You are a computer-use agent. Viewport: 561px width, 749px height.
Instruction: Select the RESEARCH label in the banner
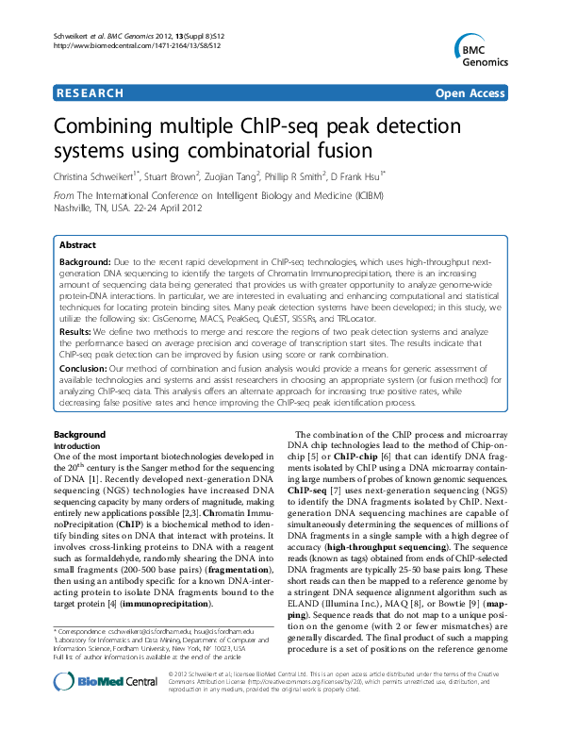coord(91,93)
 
